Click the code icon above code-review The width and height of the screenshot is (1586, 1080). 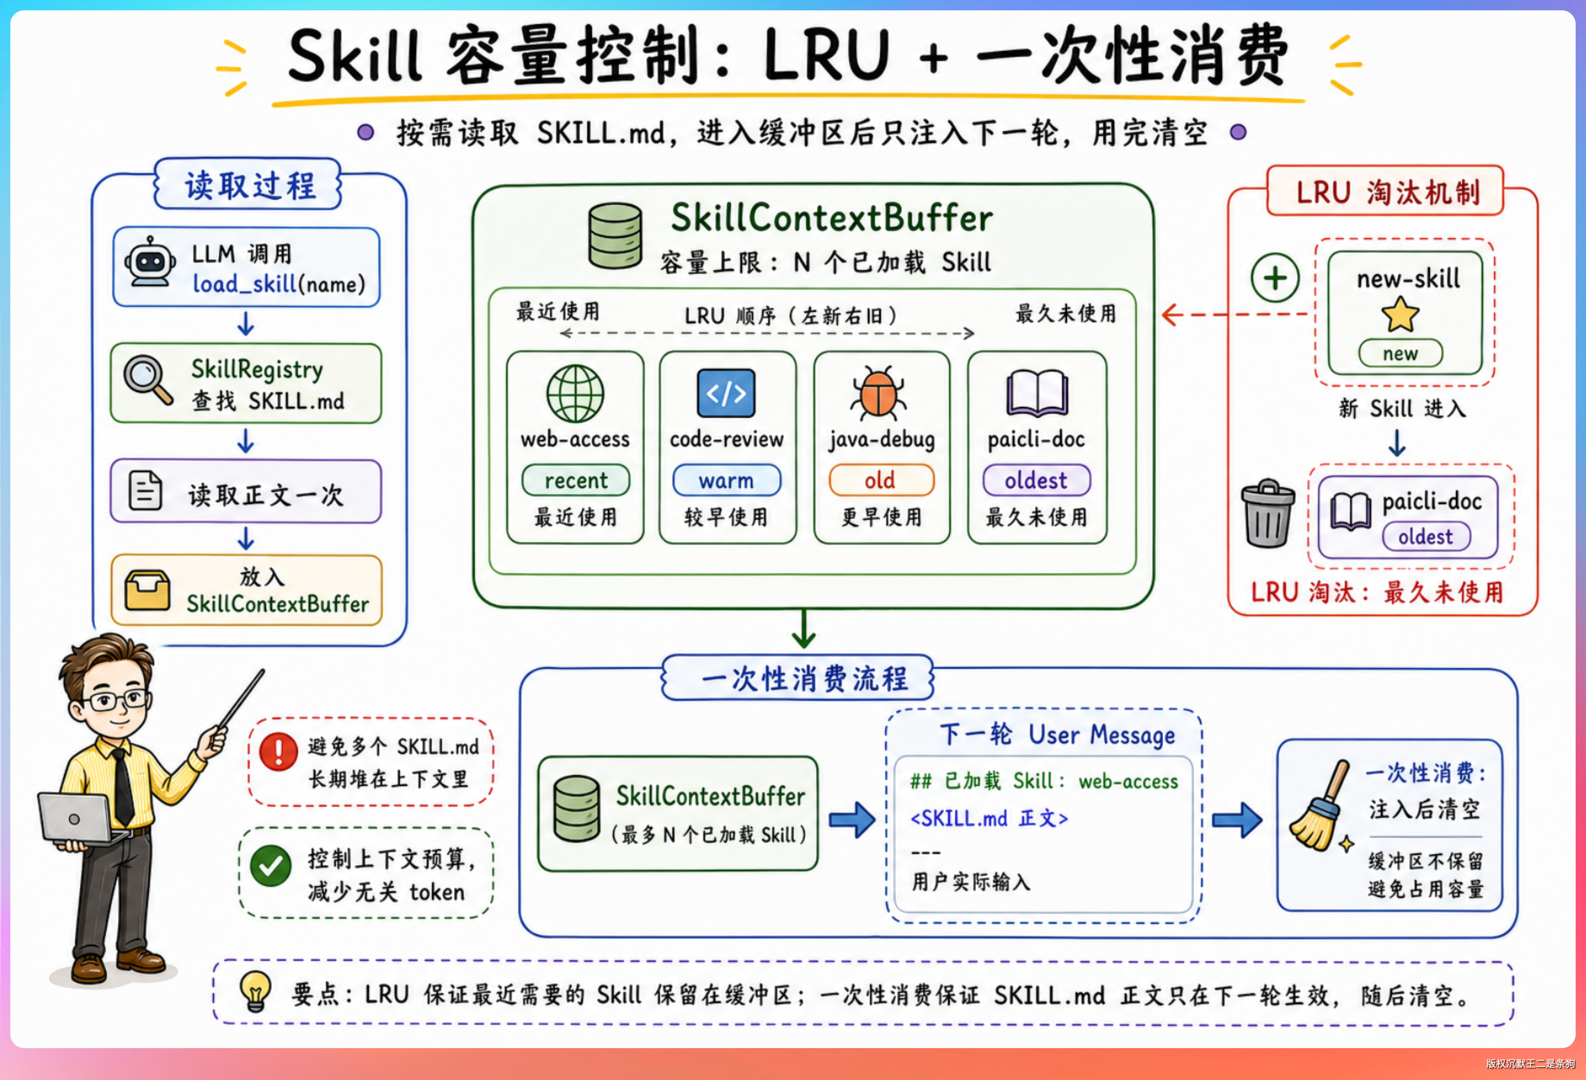click(x=726, y=393)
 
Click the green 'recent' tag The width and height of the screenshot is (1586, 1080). click(x=575, y=480)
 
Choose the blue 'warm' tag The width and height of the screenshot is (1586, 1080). click(x=726, y=480)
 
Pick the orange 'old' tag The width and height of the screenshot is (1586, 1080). click(x=880, y=480)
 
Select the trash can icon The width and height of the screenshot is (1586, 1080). click(x=1268, y=513)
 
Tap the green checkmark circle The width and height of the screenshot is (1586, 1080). click(x=271, y=865)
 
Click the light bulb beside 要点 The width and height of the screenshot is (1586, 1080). click(x=255, y=991)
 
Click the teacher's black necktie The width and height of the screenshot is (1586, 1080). click(x=123, y=788)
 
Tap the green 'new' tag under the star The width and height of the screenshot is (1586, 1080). click(x=1400, y=353)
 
